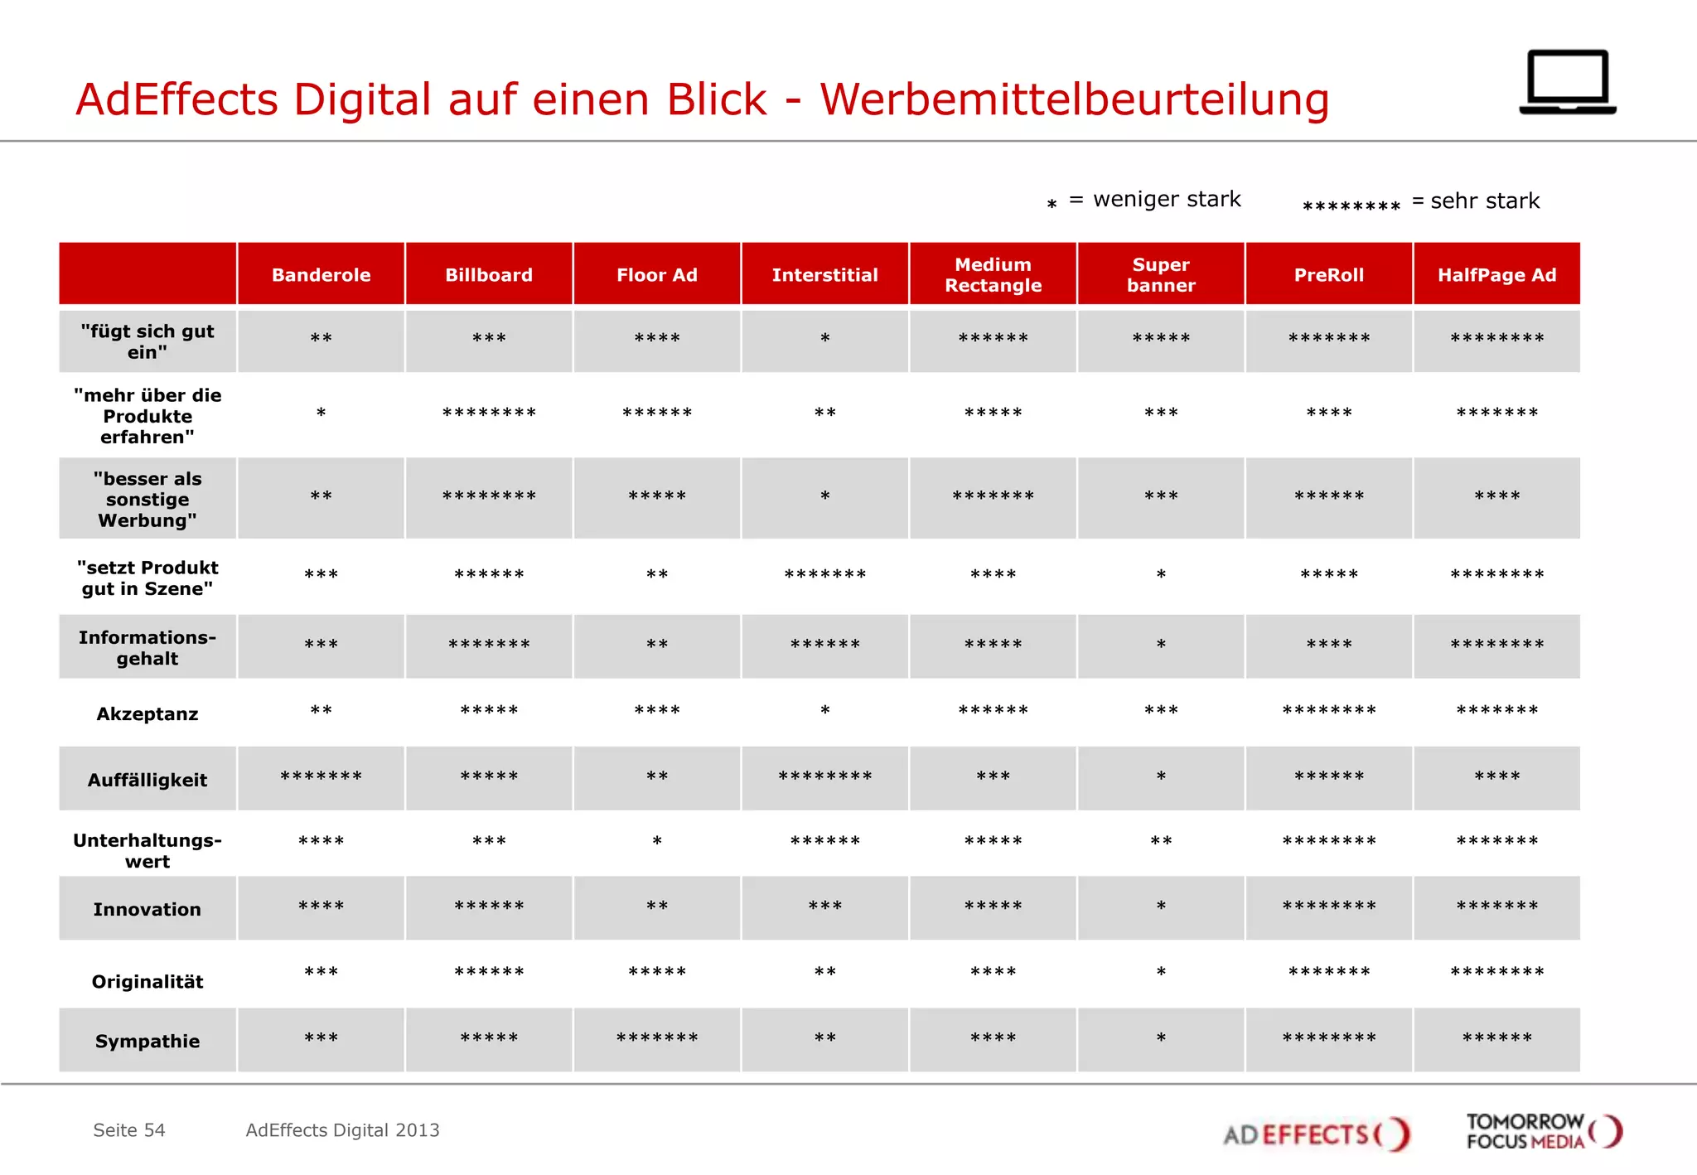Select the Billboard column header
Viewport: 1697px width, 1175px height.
(x=489, y=275)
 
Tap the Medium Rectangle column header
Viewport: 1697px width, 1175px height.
(x=993, y=275)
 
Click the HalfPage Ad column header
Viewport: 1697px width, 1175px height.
(x=1496, y=275)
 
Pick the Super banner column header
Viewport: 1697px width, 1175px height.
(x=1161, y=275)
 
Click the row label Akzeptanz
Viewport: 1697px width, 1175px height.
(x=147, y=714)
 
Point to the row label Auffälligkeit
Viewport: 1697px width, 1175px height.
(x=147, y=780)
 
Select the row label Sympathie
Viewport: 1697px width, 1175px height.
(x=147, y=1042)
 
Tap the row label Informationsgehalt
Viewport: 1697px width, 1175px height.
(x=147, y=648)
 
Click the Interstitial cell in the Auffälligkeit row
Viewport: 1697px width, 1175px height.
(x=825, y=777)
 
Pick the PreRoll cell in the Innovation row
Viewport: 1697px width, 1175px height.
(x=1328, y=907)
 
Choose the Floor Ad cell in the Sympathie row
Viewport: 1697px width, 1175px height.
(x=657, y=1039)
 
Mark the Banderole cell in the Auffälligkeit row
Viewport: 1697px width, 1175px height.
(x=322, y=777)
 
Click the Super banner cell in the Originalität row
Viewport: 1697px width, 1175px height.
(x=1161, y=973)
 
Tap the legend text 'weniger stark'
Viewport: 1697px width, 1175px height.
(x=1166, y=200)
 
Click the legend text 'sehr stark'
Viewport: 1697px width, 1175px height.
(x=1484, y=201)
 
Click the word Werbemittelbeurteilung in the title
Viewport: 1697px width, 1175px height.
(x=1074, y=99)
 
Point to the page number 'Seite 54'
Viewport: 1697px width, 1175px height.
(x=129, y=1130)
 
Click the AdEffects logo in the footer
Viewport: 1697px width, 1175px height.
(x=1316, y=1134)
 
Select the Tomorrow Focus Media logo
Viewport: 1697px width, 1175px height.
(x=1543, y=1132)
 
